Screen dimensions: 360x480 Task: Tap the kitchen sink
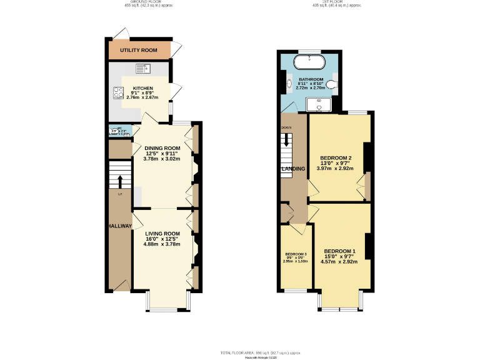point(142,67)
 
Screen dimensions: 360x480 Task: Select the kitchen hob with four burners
point(117,92)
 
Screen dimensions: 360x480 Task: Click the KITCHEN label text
point(142,89)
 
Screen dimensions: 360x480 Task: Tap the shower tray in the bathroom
point(319,104)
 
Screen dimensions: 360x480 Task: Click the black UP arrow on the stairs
point(120,181)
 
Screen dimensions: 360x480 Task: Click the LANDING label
point(292,169)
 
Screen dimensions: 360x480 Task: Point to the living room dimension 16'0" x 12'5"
point(161,239)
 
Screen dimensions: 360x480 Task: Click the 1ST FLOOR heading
point(329,2)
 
